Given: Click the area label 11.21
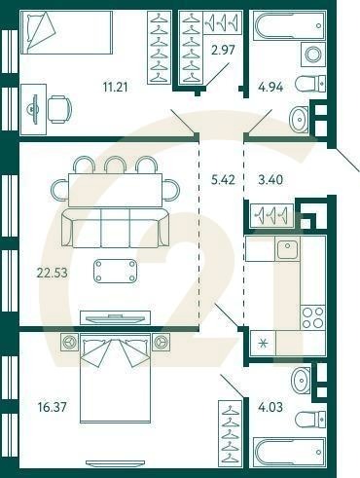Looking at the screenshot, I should click(x=118, y=86).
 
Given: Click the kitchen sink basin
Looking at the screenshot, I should click(x=287, y=250).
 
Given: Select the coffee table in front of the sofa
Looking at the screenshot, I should click(x=116, y=271).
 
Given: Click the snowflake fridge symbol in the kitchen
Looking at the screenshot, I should click(x=260, y=343).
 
